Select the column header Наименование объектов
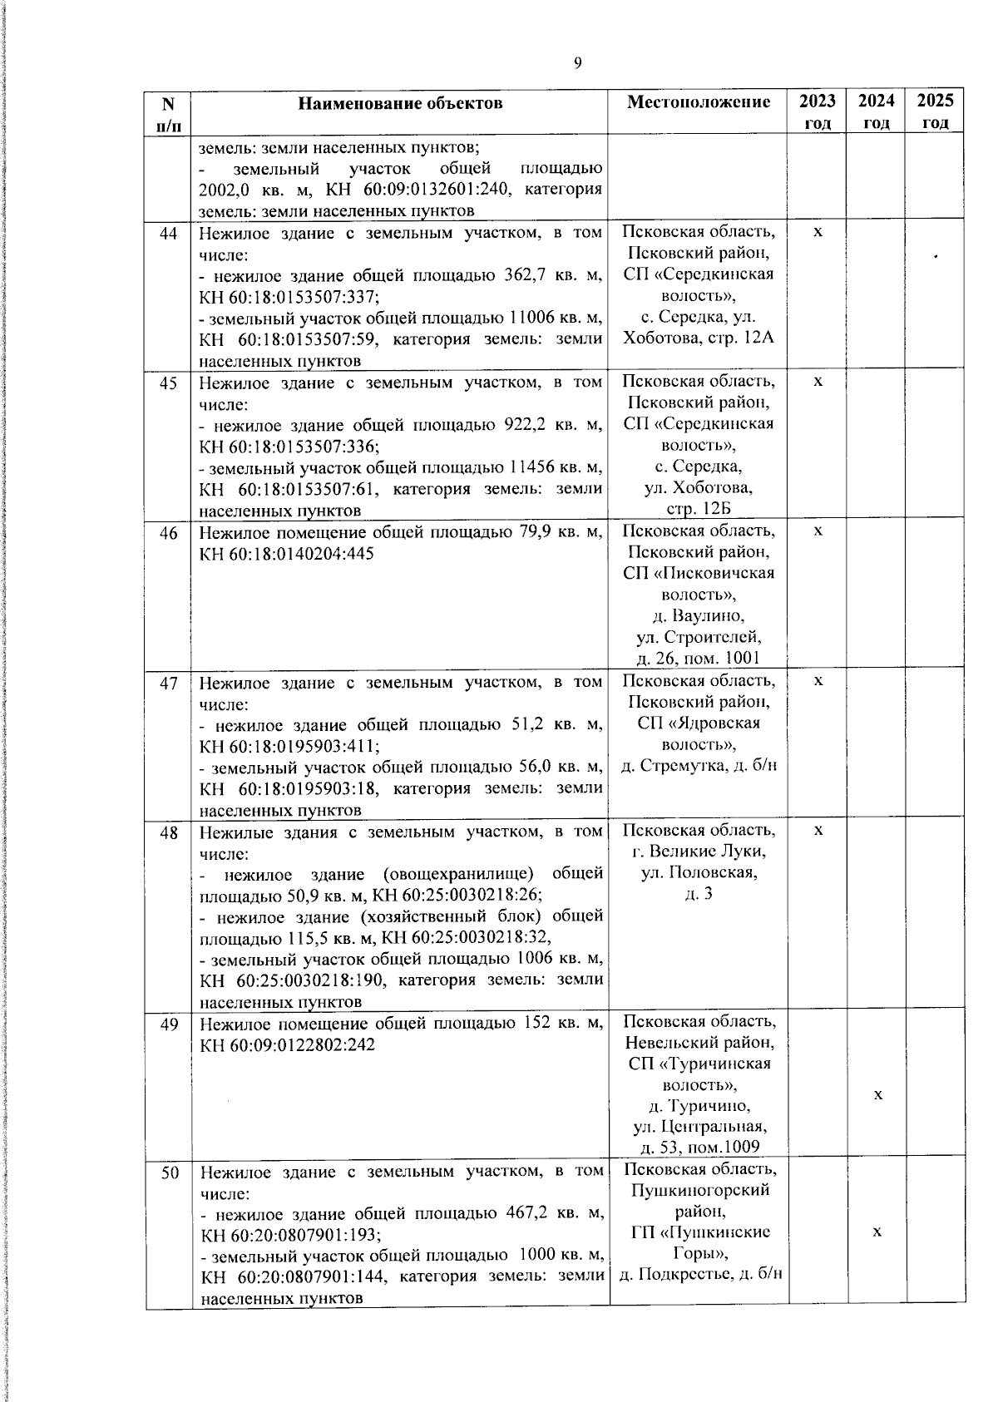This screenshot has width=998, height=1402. coord(400,103)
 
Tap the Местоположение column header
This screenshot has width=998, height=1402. coord(699,102)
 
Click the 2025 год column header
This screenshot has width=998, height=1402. coord(935,111)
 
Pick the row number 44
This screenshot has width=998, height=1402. coord(169,234)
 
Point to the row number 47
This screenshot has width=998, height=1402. coord(169,684)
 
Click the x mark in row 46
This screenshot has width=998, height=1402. coord(818,531)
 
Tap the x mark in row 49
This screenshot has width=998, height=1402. coord(877,1095)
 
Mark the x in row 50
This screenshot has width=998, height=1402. coord(877,1232)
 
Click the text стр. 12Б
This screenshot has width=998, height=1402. coord(699,509)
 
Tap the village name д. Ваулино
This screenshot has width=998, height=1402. coord(699,616)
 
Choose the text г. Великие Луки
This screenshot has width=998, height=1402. coord(699,852)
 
